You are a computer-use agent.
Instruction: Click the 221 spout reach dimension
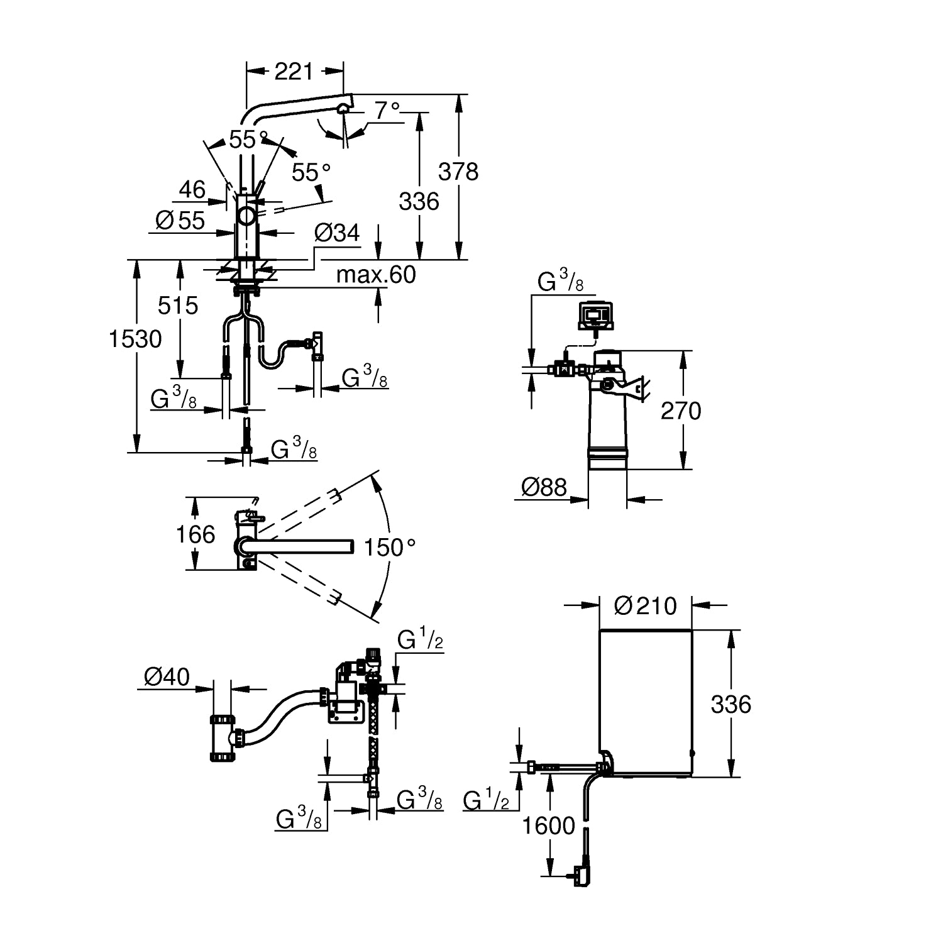(294, 72)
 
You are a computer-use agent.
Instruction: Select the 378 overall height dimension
(458, 171)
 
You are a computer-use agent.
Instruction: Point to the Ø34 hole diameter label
(337, 233)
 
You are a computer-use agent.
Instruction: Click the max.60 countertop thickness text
(376, 275)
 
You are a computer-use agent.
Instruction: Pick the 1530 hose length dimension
(135, 339)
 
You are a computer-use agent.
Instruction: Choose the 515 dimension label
(178, 306)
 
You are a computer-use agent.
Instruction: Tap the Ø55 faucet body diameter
(180, 220)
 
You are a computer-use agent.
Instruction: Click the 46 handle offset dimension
(192, 189)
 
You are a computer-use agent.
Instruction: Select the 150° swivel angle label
(390, 548)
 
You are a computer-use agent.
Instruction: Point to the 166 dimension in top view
(196, 534)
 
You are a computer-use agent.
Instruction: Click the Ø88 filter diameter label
(544, 487)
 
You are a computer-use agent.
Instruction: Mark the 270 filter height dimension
(681, 411)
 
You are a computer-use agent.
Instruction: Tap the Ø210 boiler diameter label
(645, 605)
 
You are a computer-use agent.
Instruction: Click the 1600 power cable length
(549, 825)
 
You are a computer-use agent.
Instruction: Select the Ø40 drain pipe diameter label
(167, 676)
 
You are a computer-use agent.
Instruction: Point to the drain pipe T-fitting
(224, 737)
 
